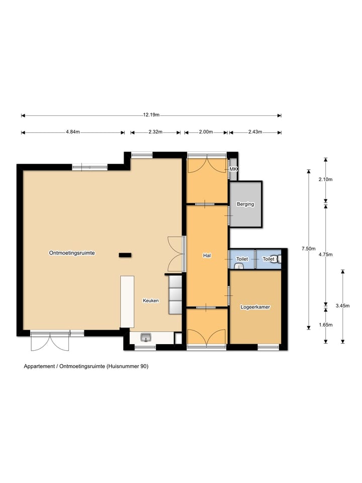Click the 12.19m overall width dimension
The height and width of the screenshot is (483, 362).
click(151, 115)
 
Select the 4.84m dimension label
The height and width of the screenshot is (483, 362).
click(73, 132)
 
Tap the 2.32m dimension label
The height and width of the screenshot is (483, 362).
click(155, 132)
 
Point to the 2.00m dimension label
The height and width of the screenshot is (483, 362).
click(206, 132)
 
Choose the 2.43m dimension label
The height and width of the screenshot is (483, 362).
click(255, 132)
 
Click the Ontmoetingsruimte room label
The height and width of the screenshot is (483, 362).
click(72, 253)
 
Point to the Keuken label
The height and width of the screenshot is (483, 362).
click(150, 301)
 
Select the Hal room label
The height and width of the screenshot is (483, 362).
click(206, 256)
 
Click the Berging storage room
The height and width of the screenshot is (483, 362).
click(245, 204)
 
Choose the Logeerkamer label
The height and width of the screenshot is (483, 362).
click(255, 306)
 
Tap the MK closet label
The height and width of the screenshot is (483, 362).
click(233, 170)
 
